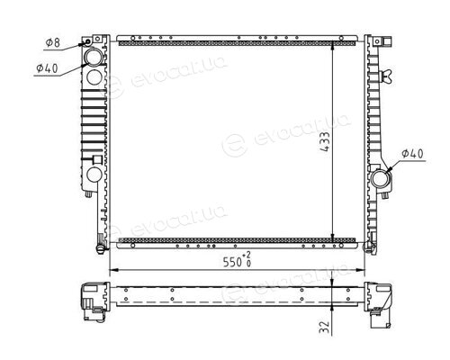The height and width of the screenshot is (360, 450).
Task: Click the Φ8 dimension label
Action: [x=53, y=42]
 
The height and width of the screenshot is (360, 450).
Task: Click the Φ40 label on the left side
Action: [x=47, y=68]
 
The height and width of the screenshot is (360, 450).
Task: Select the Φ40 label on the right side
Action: [x=412, y=154]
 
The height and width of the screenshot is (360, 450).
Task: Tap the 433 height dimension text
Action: [x=325, y=141]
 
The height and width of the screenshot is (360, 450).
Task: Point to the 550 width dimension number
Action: [x=232, y=262]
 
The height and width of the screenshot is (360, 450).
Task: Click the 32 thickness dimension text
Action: [x=325, y=328]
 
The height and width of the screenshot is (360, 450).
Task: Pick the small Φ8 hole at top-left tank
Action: [x=88, y=41]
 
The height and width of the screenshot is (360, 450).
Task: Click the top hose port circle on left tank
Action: [x=94, y=57]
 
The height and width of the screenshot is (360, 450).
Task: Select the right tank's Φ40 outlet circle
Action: [x=381, y=179]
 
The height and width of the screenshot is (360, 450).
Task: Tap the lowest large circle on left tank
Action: [x=94, y=175]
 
